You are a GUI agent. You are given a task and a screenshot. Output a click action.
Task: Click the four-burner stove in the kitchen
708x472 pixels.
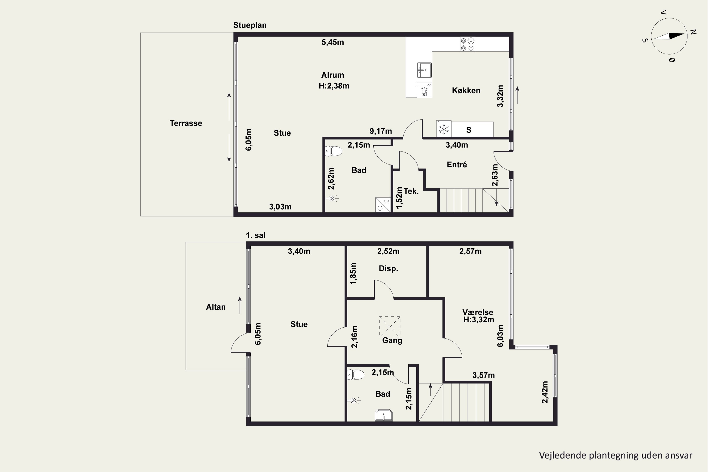[468, 44]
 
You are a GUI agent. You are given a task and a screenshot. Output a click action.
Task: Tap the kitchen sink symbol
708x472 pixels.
[424, 70]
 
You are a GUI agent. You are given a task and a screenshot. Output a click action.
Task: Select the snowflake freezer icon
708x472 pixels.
[444, 129]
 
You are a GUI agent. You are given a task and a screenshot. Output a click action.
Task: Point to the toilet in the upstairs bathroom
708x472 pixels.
[356, 375]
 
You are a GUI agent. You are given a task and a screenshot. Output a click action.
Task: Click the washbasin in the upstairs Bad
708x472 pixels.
[384, 415]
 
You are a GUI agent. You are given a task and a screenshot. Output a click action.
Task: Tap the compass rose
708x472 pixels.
[669, 36]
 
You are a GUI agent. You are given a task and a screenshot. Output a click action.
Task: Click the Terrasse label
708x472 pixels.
[186, 123]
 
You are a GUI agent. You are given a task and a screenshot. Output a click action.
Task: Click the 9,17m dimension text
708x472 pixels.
[381, 131]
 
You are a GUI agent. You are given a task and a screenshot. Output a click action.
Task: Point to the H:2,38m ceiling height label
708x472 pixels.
[334, 86]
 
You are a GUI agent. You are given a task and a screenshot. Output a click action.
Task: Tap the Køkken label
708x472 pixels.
[466, 90]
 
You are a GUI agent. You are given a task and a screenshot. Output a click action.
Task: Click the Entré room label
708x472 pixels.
[457, 165]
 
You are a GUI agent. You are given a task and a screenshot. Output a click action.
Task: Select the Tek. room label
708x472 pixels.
[411, 191]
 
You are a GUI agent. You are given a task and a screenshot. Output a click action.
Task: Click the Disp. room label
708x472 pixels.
[388, 269]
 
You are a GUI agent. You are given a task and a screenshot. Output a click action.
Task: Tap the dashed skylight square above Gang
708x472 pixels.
[390, 327]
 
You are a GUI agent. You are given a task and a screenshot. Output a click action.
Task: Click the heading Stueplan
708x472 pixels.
[250, 25]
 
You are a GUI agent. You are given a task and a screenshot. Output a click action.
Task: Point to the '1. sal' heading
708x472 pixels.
[256, 235]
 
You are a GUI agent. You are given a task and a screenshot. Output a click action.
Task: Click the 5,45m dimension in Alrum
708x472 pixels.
[333, 42]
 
